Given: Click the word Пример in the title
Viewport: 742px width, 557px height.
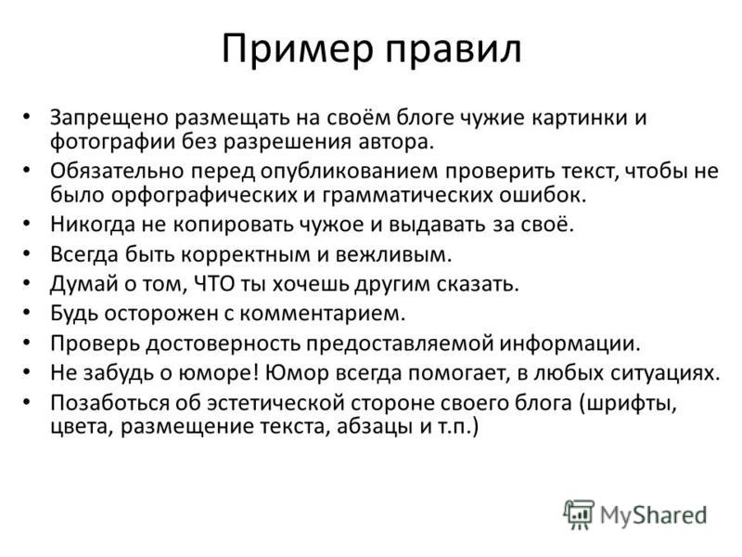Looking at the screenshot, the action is [x=298, y=50].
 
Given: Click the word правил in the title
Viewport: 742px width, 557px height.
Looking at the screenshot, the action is [x=454, y=50].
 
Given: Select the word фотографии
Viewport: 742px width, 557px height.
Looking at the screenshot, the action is [x=112, y=142].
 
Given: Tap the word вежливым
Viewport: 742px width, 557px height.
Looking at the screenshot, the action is [x=393, y=254].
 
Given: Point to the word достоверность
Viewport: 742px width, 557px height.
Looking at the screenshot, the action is [x=224, y=343].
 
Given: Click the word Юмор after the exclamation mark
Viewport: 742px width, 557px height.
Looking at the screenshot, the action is [x=297, y=373].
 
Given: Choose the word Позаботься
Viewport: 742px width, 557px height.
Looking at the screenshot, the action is [x=109, y=403].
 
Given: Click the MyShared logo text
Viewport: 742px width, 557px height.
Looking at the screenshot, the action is [x=654, y=515].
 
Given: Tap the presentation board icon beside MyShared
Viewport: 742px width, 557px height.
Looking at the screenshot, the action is [x=578, y=514].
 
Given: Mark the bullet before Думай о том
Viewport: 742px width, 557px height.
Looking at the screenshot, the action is [x=27, y=283].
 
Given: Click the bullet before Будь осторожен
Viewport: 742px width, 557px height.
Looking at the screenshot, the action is [x=27, y=313].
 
